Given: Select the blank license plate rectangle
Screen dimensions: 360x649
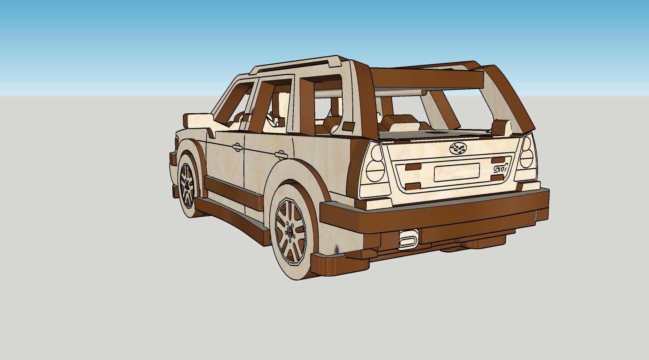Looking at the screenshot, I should pyautogui.click(x=456, y=172).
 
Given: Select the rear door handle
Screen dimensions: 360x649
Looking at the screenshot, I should pyautogui.click(x=280, y=154).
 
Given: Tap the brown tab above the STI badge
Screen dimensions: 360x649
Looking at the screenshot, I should pyautogui.click(x=498, y=159).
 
